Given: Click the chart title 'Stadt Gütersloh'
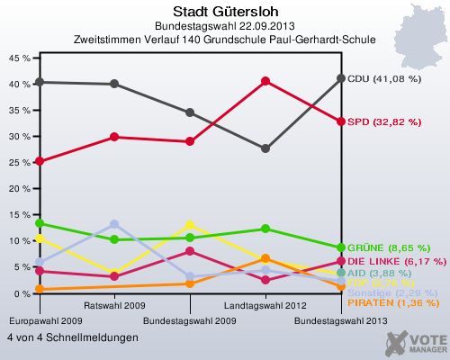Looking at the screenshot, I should (225, 12).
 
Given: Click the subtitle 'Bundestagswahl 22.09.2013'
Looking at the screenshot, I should (225, 26).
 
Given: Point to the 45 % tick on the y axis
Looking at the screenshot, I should (19, 57).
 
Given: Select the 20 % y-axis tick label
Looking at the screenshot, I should (19, 188).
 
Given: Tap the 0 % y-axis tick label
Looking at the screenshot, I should (22, 293).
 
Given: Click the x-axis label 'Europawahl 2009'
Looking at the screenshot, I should (40, 320).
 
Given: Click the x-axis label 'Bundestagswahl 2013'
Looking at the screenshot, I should (341, 320).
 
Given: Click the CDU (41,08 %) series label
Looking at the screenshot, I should (384, 78).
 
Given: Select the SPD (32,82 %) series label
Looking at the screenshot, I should (383, 121).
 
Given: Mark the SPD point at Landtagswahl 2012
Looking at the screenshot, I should (265, 81).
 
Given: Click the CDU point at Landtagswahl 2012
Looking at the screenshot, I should (265, 148).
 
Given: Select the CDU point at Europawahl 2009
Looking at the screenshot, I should (39, 82).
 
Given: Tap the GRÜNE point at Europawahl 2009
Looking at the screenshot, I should (39, 223).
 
